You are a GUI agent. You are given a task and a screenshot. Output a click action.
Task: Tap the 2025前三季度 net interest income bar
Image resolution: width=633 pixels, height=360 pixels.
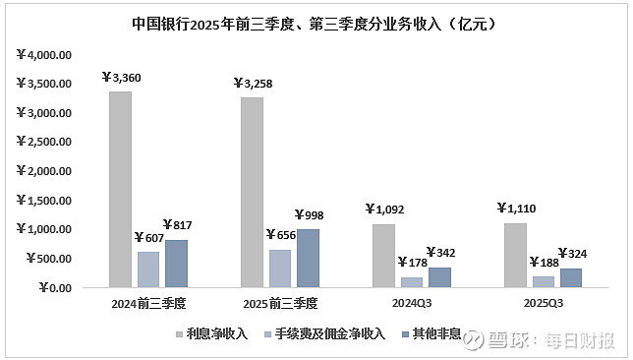[x=252, y=192]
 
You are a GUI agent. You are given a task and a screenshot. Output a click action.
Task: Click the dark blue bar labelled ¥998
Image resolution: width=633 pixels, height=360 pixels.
[x=309, y=258]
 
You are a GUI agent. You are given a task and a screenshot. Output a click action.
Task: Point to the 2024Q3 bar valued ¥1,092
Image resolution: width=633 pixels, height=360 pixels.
[x=384, y=256]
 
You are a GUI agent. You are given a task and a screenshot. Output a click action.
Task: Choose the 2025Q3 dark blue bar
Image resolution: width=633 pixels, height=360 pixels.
[x=571, y=277]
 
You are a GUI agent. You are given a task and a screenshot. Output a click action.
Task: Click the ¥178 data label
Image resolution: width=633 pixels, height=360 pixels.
[x=412, y=262]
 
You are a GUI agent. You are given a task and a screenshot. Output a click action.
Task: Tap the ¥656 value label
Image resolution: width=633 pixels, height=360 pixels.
[x=280, y=235]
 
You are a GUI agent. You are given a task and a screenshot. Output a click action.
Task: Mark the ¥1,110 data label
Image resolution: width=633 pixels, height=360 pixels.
[x=515, y=209]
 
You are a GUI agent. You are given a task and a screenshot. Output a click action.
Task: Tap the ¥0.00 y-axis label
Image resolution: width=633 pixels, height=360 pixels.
[x=52, y=288]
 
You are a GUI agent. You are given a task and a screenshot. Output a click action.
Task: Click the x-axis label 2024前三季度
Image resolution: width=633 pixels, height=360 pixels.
[x=147, y=303]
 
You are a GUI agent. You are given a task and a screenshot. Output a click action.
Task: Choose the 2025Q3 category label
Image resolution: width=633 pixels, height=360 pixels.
[x=543, y=303]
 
